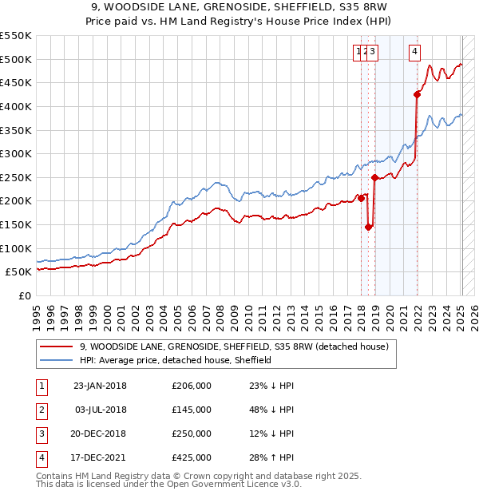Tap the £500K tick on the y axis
pos(16,59)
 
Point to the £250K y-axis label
pos(16,177)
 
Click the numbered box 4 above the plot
pos(415,53)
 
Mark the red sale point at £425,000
pos(417,94)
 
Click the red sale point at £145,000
pos(368,227)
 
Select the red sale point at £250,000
pos(375,177)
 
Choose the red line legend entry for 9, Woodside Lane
pos(233,347)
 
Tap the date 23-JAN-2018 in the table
pos(100,386)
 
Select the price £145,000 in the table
pos(192,410)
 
